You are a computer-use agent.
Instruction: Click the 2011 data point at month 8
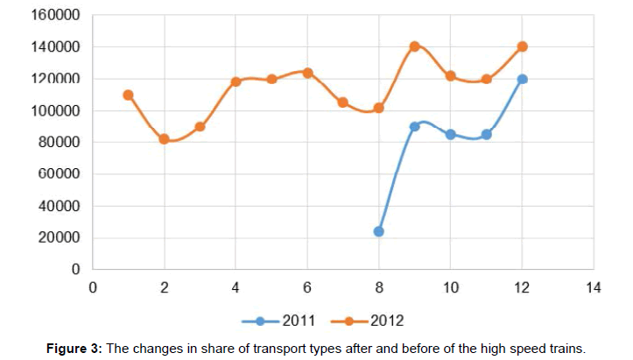pyautogui.click(x=378, y=231)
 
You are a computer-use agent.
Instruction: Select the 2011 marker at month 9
pyautogui.click(x=414, y=126)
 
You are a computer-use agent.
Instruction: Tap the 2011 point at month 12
pyautogui.click(x=522, y=79)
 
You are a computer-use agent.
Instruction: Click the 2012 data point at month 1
pyautogui.click(x=128, y=95)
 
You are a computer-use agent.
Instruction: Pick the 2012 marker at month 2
pyautogui.click(x=164, y=138)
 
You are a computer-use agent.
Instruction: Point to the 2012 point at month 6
pyautogui.click(x=307, y=73)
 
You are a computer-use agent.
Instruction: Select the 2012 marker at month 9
pyautogui.click(x=414, y=46)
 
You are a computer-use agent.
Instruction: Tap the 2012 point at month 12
pyautogui.click(x=522, y=46)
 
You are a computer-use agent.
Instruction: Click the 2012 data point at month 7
pyautogui.click(x=342, y=102)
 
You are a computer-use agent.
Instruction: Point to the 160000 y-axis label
pyautogui.click(x=56, y=15)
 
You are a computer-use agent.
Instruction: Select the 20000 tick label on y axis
pyautogui.click(x=60, y=237)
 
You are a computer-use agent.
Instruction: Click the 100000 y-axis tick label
pyautogui.click(x=56, y=110)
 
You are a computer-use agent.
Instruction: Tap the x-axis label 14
pyautogui.click(x=594, y=287)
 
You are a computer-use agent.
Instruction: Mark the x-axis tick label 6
pyautogui.click(x=307, y=287)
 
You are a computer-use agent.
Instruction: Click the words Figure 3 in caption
pyautogui.click(x=74, y=348)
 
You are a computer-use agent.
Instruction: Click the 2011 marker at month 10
pyautogui.click(x=450, y=134)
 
